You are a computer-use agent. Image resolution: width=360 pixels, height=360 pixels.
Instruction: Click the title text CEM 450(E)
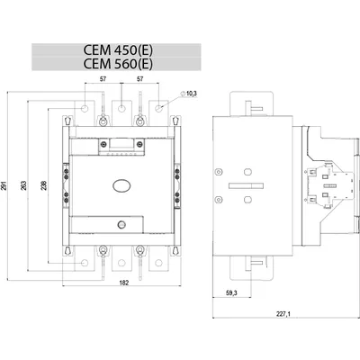pos(118,50)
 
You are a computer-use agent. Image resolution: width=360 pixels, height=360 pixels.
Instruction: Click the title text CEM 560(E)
pos(118,64)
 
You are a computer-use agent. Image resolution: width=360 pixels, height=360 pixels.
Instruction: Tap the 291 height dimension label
pos(4,186)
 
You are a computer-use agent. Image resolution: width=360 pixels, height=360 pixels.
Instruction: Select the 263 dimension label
pos(24,185)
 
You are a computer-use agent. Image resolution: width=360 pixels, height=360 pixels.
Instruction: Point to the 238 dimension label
pos(44,185)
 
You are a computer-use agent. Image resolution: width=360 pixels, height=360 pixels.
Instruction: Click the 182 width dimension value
pos(124,283)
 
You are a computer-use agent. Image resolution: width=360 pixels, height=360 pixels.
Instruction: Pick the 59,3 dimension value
pos(231,292)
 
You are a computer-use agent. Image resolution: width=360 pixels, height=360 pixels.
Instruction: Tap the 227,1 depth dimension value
pos(283,314)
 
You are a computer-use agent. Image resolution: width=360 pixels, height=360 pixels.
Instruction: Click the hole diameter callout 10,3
pos(192,94)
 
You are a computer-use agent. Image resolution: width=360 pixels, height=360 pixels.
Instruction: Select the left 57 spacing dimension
pos(103,79)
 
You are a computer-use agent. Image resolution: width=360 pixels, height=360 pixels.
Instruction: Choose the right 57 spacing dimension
pos(139,79)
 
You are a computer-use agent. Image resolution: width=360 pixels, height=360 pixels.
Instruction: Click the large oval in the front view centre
pos(121,185)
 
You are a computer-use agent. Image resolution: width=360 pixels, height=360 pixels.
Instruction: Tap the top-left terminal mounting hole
pos(85,108)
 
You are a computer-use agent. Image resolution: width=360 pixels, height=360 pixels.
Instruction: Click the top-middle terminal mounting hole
pos(121,108)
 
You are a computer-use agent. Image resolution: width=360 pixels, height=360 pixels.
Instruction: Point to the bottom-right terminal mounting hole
pos(158,264)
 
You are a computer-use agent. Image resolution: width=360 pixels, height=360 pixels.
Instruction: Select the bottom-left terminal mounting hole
pos(85,264)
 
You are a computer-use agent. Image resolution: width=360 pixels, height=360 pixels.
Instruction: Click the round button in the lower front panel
pos(121,224)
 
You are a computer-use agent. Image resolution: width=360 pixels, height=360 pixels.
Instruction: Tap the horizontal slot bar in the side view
pos(246,186)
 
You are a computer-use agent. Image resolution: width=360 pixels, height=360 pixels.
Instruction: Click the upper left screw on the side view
pos(219,172)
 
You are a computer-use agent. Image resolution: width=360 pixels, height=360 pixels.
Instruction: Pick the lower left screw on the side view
pos(219,200)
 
